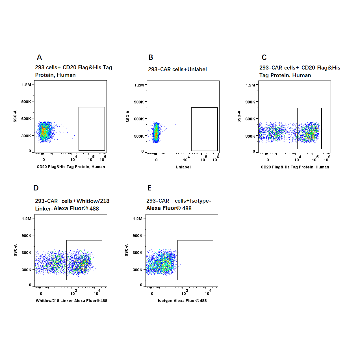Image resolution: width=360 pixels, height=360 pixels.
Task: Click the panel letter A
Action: pos(39,57)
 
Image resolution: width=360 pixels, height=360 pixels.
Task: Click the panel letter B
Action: pos(151,57)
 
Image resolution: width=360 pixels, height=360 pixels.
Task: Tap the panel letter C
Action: pos(264,57)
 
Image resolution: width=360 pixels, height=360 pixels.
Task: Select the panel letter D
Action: pos(36,188)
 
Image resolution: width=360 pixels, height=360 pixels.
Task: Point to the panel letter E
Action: pos(149,188)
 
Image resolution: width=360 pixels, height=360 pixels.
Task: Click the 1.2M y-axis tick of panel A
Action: pos(26,85)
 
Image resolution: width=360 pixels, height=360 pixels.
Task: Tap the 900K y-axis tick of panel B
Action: pos(139,102)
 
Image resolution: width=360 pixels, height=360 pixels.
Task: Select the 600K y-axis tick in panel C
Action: pos(250,119)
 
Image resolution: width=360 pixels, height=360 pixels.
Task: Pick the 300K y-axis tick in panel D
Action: pos(26,270)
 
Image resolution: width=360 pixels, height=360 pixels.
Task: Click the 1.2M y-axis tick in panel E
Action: pos(138,219)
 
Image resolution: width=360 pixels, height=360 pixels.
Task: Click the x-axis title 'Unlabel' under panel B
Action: pos(183,167)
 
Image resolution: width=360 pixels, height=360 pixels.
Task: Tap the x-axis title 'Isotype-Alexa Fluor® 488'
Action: pos(182,301)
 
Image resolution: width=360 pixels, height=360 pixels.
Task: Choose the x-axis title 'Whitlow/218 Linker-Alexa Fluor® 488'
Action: pos(71,301)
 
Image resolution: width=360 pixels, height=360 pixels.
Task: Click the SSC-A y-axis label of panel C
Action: pos(239,116)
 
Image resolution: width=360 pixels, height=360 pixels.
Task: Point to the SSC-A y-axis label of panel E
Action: pos(126,250)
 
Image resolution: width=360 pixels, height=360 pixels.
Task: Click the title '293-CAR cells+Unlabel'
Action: pos(177,70)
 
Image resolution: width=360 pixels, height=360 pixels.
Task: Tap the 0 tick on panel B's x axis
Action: pos(156,160)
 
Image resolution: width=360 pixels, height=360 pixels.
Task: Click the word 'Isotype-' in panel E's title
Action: pos(200,201)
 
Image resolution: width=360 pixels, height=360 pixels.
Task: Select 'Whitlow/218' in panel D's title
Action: pos(93,201)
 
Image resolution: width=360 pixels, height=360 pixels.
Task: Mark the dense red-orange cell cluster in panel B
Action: pos(156,133)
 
